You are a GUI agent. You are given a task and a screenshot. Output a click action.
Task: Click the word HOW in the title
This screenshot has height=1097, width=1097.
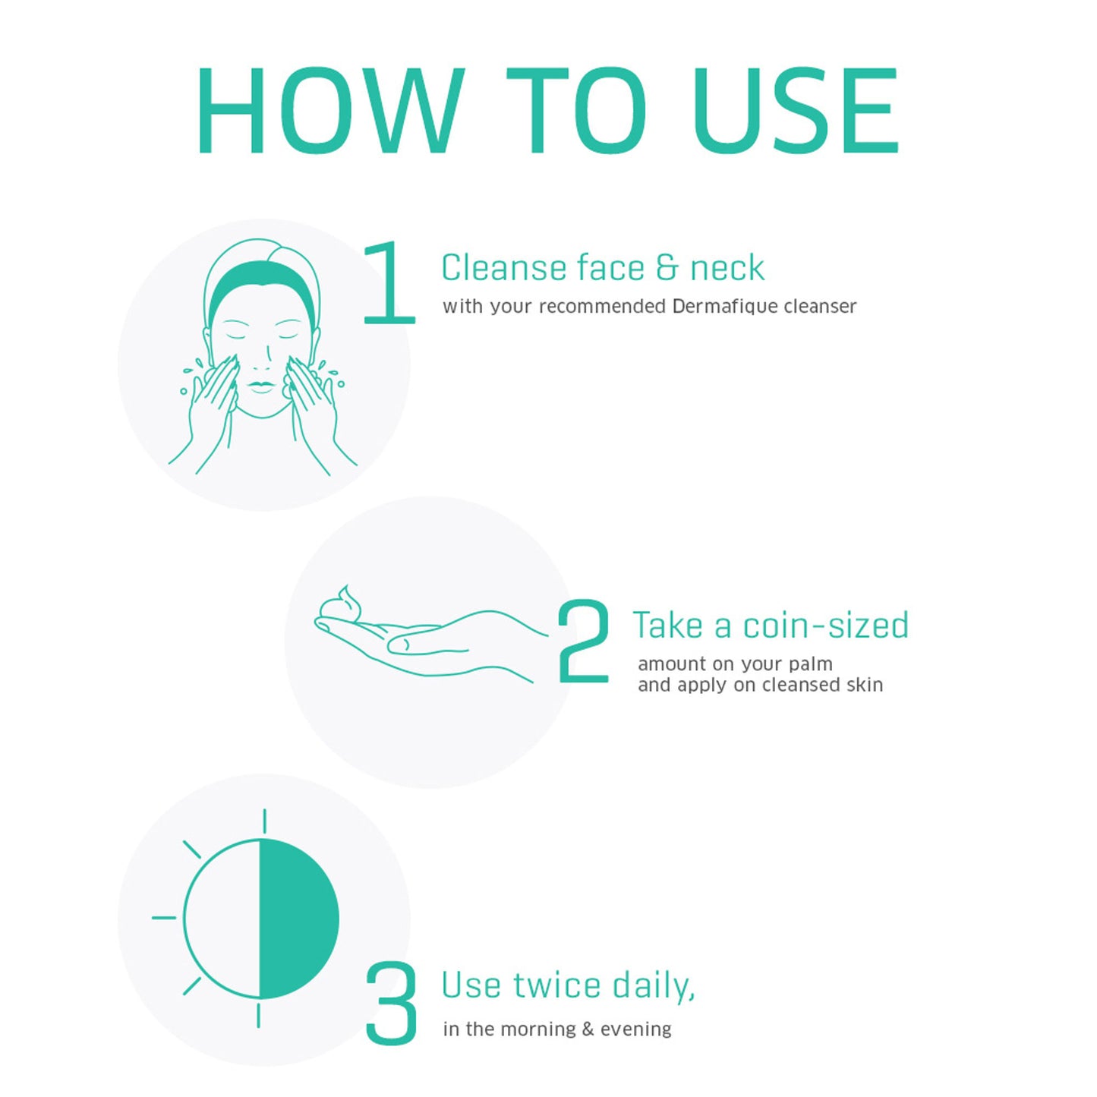(x=330, y=111)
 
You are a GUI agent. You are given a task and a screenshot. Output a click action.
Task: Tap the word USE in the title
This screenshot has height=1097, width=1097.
(x=796, y=111)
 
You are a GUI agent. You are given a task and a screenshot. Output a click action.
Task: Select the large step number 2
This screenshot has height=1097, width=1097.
(x=583, y=641)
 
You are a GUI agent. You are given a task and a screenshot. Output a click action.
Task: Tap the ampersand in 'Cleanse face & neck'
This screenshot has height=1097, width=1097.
(x=667, y=267)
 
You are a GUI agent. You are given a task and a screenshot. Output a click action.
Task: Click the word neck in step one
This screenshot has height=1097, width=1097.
(x=727, y=267)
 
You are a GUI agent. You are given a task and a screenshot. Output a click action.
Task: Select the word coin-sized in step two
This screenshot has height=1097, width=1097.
(x=825, y=625)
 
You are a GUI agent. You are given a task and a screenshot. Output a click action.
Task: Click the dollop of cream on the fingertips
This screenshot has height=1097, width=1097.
(x=341, y=604)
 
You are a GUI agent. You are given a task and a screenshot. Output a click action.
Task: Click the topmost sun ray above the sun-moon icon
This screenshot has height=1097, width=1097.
(x=264, y=821)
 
